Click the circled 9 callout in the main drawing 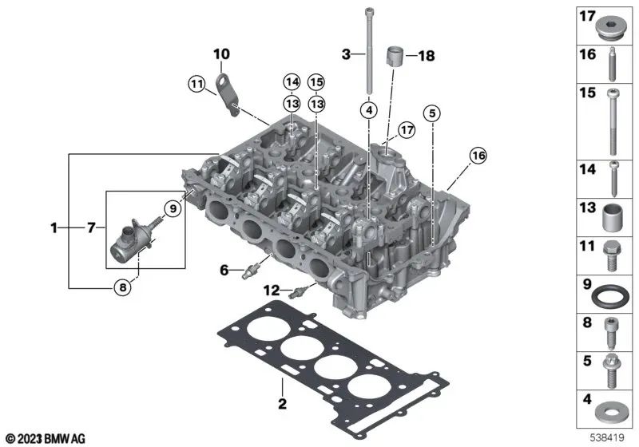(170, 209)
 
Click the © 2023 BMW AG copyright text (46, 438)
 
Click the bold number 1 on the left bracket (54, 228)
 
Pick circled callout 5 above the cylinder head (432, 113)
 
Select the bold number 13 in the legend (588, 207)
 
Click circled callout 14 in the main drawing (291, 81)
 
